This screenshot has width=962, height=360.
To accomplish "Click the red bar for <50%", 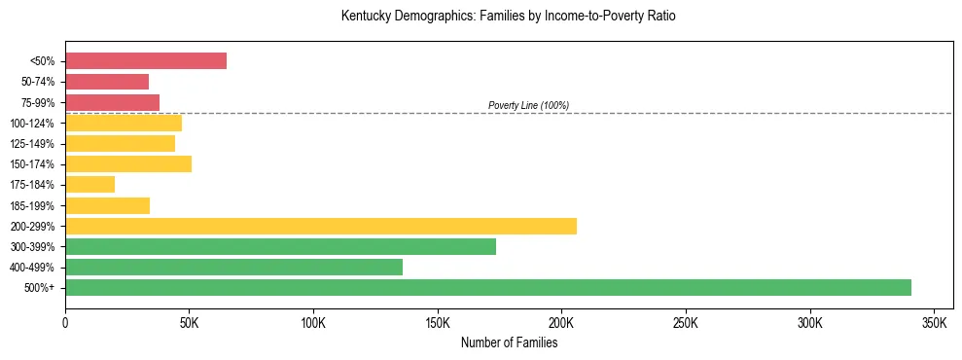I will tap(146, 61).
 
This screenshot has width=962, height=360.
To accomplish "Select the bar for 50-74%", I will tap(107, 82).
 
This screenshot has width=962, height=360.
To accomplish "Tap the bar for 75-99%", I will tap(112, 102).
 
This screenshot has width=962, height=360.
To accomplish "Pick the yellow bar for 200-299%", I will tap(321, 226).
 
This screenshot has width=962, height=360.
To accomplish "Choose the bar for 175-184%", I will tap(90, 184).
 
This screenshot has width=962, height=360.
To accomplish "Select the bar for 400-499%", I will tap(233, 267).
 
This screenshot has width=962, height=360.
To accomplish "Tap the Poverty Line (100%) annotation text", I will tap(528, 105).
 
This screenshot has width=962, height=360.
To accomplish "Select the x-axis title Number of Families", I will tap(509, 342).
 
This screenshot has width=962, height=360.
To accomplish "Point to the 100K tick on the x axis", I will tap(313, 322).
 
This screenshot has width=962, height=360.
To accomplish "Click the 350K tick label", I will tap(934, 322).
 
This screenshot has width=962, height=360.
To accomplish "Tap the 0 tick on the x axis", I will tap(65, 322).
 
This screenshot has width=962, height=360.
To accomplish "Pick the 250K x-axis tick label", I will tap(686, 322).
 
